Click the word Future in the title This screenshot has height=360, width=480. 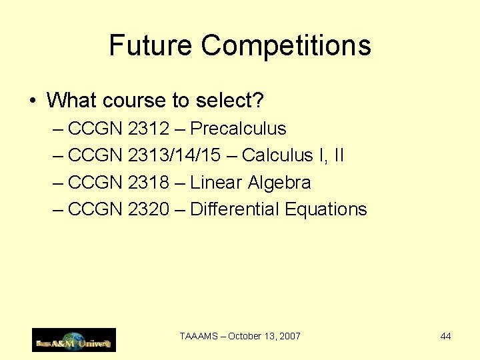click(151, 46)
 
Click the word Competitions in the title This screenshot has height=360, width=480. click(286, 46)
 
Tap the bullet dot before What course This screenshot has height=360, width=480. click(32, 101)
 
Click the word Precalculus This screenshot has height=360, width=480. click(238, 129)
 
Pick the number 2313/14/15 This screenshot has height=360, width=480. click(174, 155)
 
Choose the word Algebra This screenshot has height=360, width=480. click(279, 183)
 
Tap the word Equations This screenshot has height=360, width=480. click(326, 209)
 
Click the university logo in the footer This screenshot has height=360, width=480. click(74, 340)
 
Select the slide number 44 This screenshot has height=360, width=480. click(445, 336)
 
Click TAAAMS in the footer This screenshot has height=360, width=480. click(197, 336)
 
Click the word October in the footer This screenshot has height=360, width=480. click(245, 336)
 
